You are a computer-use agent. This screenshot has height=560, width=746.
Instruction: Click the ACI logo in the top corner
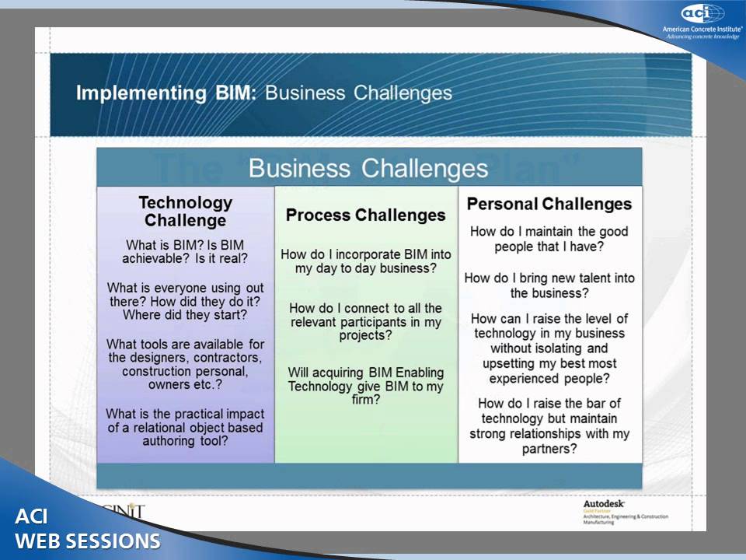tap(702, 13)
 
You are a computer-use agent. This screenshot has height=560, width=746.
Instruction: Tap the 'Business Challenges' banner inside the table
tap(368, 168)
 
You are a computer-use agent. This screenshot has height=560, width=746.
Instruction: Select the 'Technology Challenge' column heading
tap(185, 211)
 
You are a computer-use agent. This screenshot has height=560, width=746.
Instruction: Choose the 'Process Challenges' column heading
tap(365, 215)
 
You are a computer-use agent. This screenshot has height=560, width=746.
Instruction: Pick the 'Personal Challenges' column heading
tap(549, 204)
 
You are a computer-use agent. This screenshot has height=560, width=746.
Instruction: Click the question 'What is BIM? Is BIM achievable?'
tap(185, 251)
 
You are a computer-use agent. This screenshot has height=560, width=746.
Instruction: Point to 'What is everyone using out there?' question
tap(185, 301)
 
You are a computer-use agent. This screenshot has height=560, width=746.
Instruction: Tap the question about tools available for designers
tap(185, 364)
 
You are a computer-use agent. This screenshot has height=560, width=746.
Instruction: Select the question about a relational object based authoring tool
tap(185, 427)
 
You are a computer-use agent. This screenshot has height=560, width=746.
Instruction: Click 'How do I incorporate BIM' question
tap(365, 261)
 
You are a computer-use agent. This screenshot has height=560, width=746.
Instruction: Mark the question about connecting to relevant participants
tap(365, 322)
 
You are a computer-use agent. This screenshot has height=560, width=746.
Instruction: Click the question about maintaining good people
tap(549, 239)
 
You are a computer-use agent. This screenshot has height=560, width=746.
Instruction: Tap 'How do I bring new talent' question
tap(549, 285)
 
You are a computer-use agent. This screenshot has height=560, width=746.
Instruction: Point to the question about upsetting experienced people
tap(549, 348)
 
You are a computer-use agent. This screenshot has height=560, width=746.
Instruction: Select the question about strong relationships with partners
tap(549, 425)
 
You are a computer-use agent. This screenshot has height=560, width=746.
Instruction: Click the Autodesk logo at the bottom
tap(604, 504)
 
